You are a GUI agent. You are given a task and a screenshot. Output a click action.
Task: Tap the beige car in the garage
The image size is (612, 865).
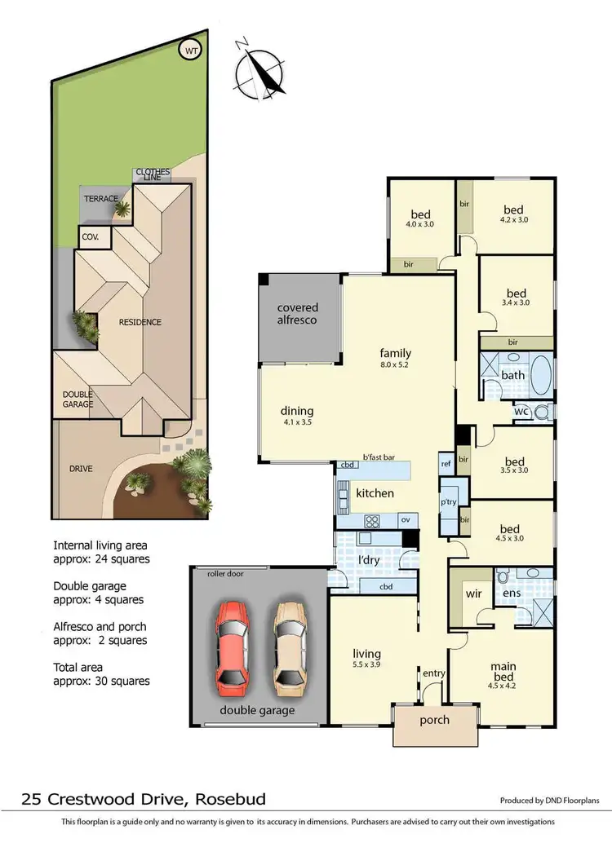coord(290,644)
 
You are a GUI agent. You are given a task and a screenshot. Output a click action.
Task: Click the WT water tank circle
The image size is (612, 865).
coord(192,51)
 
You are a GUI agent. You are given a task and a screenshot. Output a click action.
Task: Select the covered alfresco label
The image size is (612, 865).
coord(298,314)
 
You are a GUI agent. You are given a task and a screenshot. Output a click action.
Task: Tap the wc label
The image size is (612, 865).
coord(521,413)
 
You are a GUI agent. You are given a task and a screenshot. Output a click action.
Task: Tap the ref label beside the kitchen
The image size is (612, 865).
coord(446,462)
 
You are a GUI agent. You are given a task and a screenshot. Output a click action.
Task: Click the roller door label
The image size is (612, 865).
coord(225,574)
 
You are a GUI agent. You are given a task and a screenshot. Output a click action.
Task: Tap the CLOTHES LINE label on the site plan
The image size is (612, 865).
coord(153,176)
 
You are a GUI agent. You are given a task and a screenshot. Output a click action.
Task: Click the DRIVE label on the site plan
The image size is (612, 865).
coord(81,469)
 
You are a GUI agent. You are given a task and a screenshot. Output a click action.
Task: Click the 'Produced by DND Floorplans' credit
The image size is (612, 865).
coord(549,801)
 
